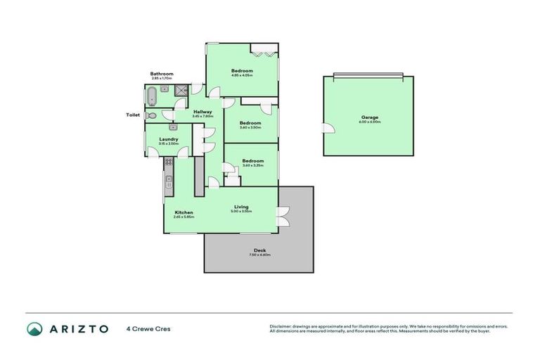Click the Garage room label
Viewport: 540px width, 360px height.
[x=370, y=117]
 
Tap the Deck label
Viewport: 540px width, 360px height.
[x=260, y=250]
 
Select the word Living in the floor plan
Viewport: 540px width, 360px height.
[x=241, y=206]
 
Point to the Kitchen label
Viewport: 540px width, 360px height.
[x=184, y=212]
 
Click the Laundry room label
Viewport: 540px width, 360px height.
[x=169, y=139]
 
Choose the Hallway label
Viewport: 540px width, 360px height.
[x=203, y=112]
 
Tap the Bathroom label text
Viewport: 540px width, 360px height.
[x=161, y=74]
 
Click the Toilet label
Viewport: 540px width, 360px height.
[x=133, y=115]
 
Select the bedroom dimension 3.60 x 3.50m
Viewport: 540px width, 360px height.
[x=251, y=128]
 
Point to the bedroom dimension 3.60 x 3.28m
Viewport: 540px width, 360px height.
[x=253, y=165]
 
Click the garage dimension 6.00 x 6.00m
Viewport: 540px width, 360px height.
[x=370, y=122]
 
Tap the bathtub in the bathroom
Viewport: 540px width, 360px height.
[x=151, y=94]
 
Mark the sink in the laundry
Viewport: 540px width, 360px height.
[x=172, y=127]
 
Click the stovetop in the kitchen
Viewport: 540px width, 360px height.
[x=169, y=165]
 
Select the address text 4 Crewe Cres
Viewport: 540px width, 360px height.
[x=148, y=328]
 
